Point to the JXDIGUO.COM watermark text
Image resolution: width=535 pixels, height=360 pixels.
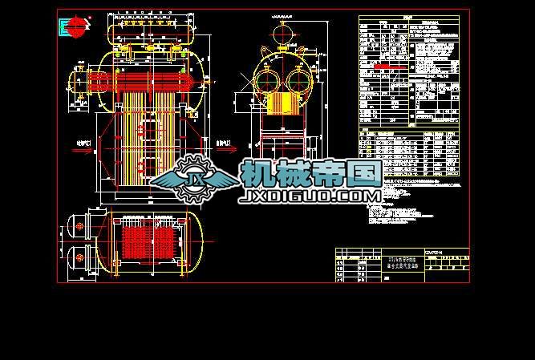tap(310, 196)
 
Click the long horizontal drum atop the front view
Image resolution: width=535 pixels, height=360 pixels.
tap(152, 32)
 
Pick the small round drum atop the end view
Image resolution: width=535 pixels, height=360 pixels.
tap(282, 34)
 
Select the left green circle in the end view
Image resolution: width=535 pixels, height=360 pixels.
tap(269, 81)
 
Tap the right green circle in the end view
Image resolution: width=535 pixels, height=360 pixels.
tap(296, 81)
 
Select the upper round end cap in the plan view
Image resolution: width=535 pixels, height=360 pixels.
tap(79, 228)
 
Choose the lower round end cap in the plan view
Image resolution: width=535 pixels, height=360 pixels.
tap(79, 256)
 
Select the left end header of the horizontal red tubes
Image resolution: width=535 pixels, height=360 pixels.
tap(79, 81)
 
